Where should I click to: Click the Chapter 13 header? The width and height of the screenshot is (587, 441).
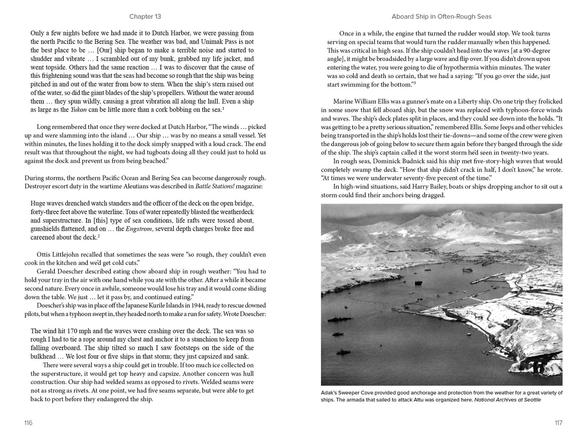tap(145, 17)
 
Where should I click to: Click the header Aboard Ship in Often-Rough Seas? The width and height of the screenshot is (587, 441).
tap(441, 17)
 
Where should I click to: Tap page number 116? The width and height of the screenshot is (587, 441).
tap(28, 423)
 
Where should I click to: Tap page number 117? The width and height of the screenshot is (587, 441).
tap(559, 423)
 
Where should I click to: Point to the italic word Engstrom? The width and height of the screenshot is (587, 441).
tap(139, 229)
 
